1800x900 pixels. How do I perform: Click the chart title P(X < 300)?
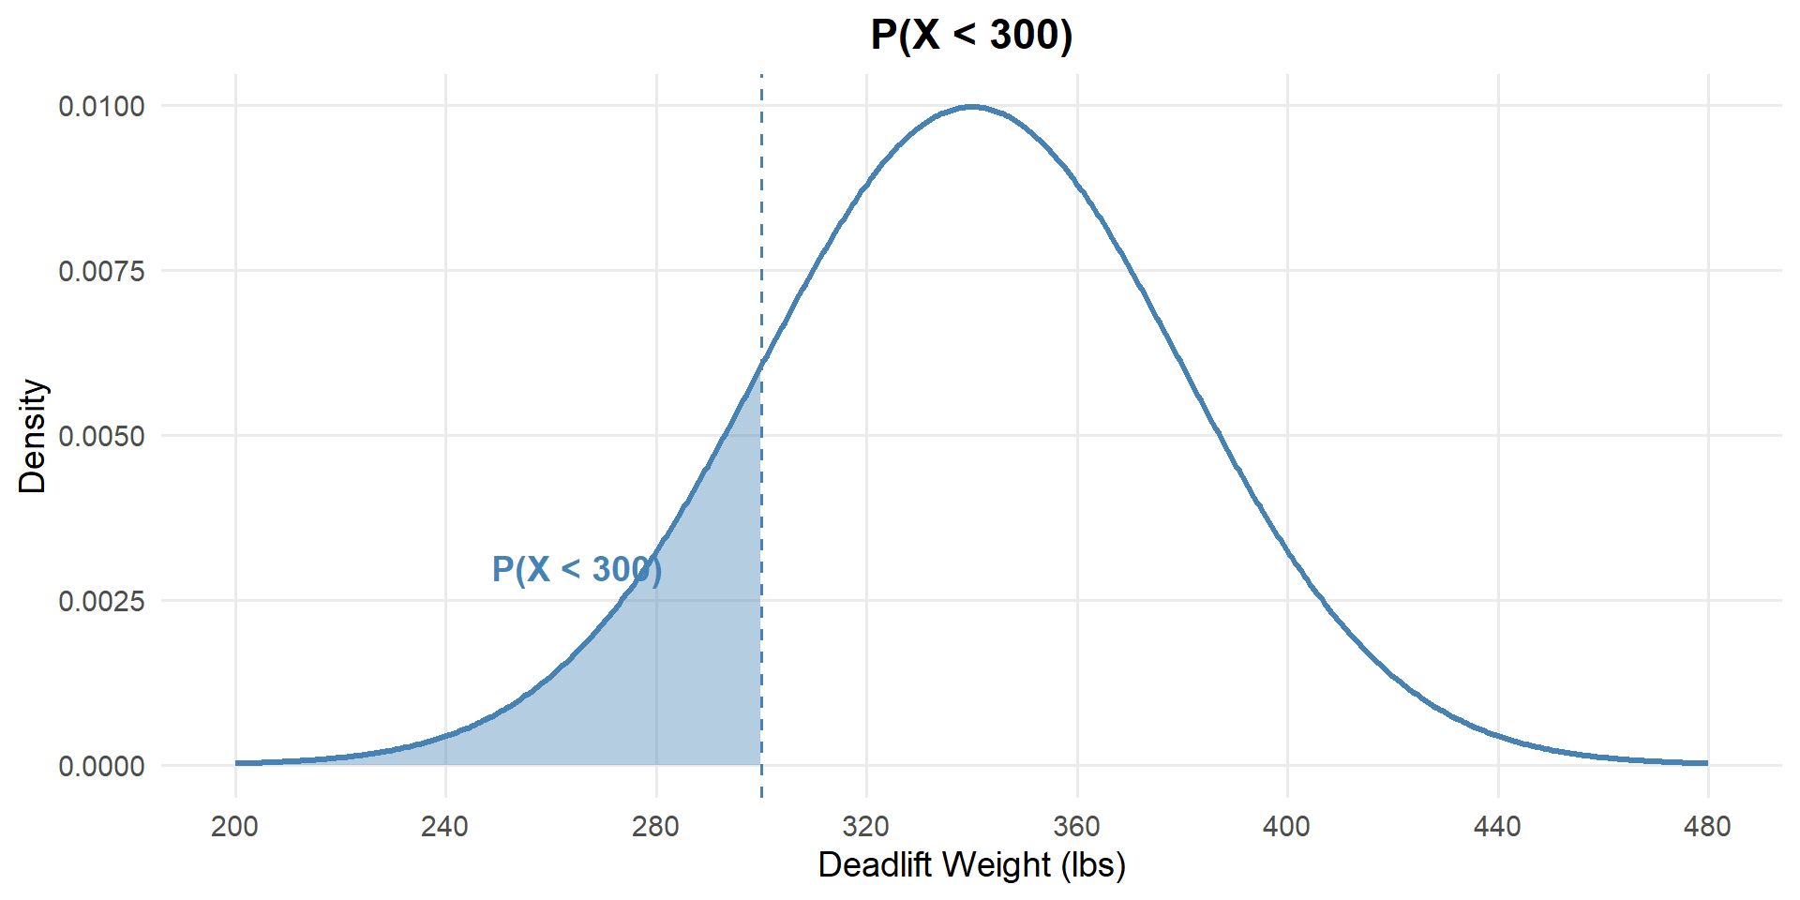click(x=971, y=36)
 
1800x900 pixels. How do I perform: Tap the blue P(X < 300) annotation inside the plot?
click(x=577, y=569)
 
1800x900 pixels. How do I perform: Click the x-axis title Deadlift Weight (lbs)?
click(x=971, y=864)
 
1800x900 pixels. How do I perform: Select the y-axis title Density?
click(x=33, y=436)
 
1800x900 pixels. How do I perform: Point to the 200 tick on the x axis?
click(x=235, y=827)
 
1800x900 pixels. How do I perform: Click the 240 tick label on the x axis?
click(x=445, y=827)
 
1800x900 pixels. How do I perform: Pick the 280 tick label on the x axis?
click(x=655, y=827)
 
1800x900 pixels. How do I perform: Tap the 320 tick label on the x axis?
click(x=866, y=827)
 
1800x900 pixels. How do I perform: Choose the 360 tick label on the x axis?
click(x=1076, y=827)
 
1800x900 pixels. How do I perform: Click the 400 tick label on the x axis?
click(x=1287, y=827)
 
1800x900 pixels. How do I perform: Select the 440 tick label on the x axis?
click(x=1497, y=827)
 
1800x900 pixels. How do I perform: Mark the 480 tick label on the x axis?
click(x=1707, y=827)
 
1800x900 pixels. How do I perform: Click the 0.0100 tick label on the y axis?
click(x=102, y=106)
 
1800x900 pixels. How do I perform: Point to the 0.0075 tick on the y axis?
click(x=102, y=271)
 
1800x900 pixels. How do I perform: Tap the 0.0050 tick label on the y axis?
click(x=102, y=436)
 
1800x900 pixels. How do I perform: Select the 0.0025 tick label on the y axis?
click(x=102, y=601)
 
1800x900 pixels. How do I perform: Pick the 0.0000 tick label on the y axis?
click(x=102, y=766)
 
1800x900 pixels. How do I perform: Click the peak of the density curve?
click(x=972, y=107)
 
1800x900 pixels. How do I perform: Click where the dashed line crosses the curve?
click(x=761, y=363)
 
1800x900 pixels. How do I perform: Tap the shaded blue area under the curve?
click(x=694, y=675)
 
